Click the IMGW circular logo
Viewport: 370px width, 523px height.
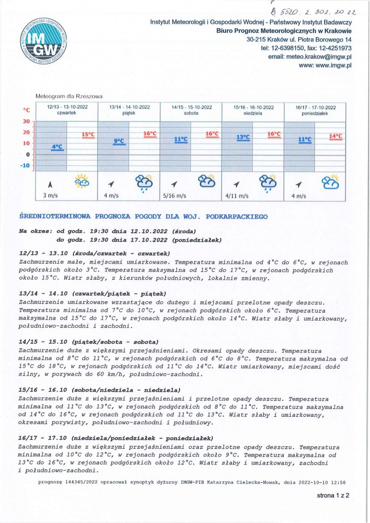[44, 42]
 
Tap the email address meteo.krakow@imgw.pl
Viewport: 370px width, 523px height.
[309, 56]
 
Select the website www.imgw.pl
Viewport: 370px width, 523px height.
[325, 65]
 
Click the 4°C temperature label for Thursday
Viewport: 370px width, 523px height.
[57, 147]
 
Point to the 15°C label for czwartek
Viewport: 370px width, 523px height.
[88, 135]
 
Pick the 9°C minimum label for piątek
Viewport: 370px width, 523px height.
[119, 141]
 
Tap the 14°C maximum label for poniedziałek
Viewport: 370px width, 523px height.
[335, 137]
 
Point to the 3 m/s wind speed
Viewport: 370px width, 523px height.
[50, 196]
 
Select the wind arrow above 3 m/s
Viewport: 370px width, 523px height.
[50, 184]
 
